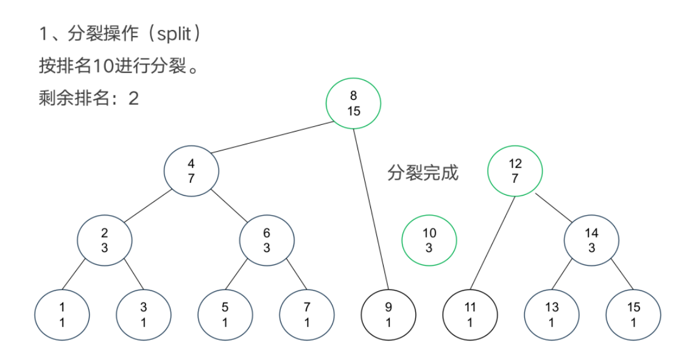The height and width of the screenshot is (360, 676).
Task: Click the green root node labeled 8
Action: [x=353, y=103]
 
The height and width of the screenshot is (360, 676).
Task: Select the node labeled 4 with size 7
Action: [x=191, y=171]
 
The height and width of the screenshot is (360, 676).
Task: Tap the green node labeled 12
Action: [x=515, y=171]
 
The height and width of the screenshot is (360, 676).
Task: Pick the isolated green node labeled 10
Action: [x=429, y=240]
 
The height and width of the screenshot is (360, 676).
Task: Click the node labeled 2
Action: [x=105, y=240]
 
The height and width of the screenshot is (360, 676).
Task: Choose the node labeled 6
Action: [x=267, y=240]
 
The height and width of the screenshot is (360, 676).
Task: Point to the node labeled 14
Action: [x=591, y=240]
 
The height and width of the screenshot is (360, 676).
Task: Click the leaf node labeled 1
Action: [x=62, y=314]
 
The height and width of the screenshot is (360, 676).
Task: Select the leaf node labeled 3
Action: [x=144, y=314]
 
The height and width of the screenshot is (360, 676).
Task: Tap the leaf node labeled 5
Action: [x=225, y=314]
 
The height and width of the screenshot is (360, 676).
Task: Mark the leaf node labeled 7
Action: [x=307, y=314]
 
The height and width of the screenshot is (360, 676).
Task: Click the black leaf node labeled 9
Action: [x=389, y=314]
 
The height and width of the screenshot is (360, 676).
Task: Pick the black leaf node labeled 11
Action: [x=470, y=314]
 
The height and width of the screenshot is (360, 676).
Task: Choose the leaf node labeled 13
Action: [x=552, y=314]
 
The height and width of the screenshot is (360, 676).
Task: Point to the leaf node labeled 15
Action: [x=633, y=314]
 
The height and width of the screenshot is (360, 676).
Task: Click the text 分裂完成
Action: [x=423, y=173]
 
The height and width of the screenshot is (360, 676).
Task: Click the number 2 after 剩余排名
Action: [x=133, y=98]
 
